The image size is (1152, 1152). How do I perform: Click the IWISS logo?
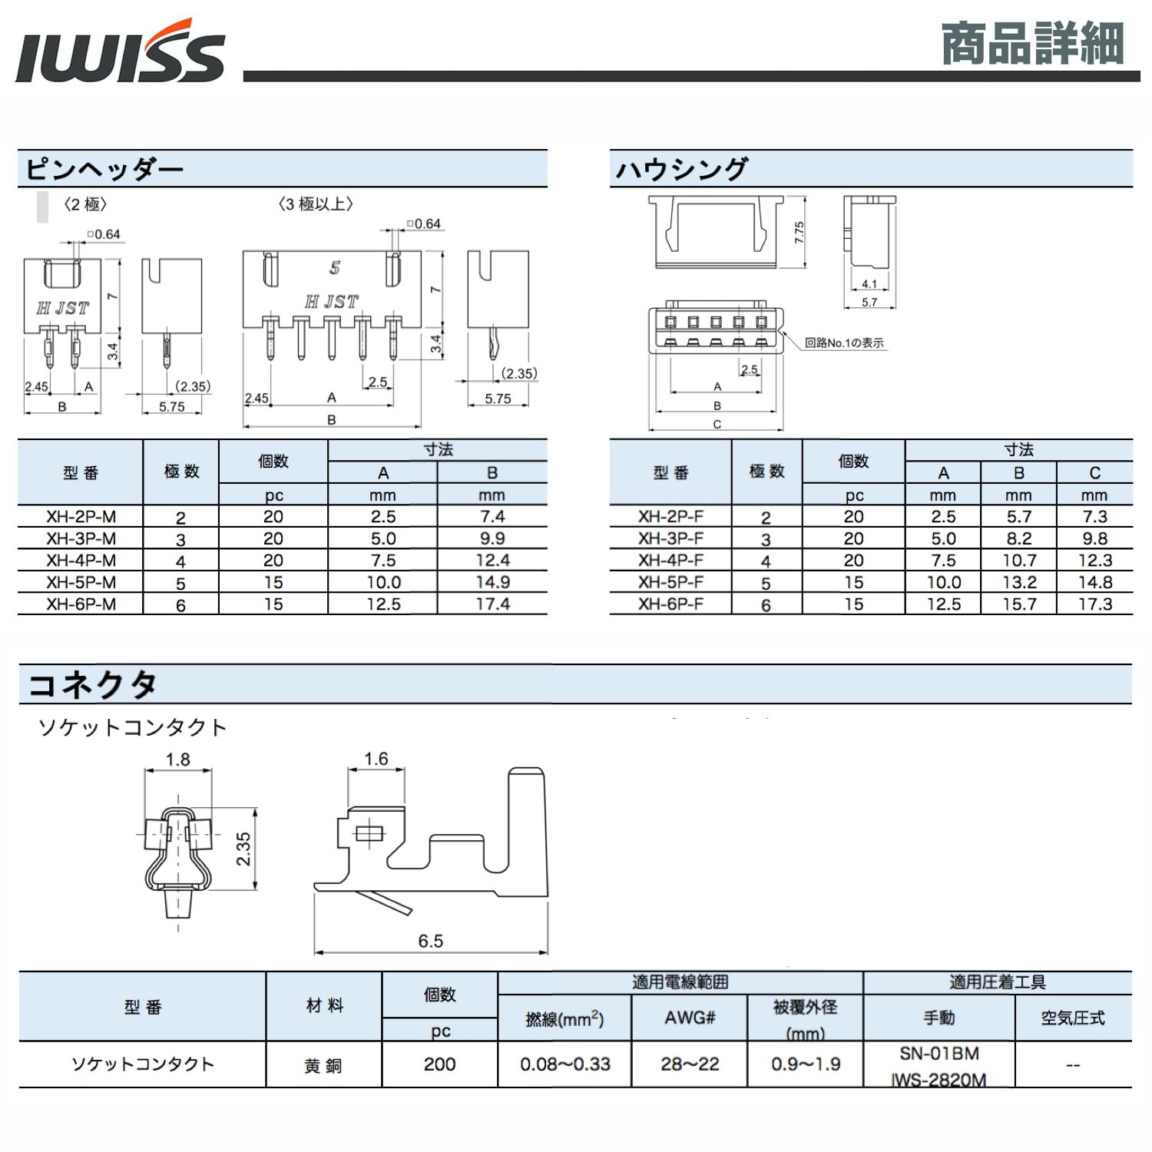point(120,52)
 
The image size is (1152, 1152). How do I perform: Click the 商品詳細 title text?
point(1032,44)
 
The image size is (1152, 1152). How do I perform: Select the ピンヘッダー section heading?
point(104,169)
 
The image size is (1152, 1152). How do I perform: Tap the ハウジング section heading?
point(680,169)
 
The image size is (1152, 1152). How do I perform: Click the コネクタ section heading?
point(92,684)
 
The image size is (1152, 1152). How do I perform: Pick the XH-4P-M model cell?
point(81,561)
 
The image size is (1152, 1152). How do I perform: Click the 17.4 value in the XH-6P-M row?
point(492,604)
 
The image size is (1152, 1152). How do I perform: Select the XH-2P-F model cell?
point(670,517)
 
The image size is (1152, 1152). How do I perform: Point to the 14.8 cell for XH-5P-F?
point(1094,582)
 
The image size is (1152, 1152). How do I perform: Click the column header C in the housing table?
point(1094,473)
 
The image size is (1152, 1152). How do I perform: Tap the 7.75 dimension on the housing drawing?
point(799,232)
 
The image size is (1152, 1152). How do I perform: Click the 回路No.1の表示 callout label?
point(844,343)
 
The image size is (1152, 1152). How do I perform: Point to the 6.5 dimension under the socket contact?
point(430,941)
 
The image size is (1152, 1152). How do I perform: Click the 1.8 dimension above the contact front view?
point(177,760)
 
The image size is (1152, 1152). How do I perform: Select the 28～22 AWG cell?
point(690,1064)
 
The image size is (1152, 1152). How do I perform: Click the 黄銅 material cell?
point(323,1065)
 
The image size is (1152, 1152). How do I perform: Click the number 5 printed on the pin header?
point(334,268)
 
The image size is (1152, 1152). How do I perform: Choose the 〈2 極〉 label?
point(84,204)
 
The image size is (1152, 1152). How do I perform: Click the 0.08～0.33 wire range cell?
point(564,1064)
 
